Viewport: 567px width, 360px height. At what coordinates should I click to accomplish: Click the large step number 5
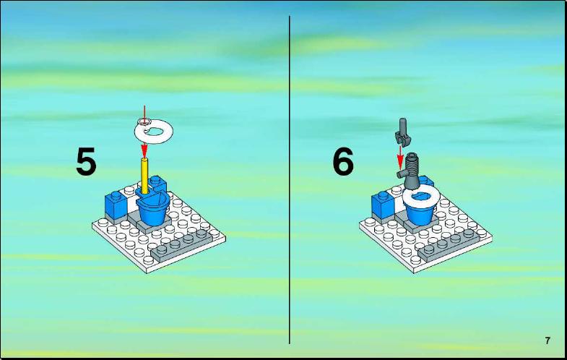point(86,161)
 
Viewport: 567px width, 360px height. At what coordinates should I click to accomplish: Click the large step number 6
point(343,162)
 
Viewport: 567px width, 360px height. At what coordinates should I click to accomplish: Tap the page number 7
point(547,340)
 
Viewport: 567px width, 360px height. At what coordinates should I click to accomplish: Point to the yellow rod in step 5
point(144,176)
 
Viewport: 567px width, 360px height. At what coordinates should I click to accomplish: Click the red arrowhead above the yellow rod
point(144,150)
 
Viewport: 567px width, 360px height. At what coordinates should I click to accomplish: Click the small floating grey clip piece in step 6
point(402,132)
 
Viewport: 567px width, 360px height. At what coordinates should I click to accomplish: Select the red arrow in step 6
point(400,158)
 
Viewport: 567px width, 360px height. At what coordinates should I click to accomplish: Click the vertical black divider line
point(290,180)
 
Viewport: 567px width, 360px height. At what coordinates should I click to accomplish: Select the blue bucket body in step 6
point(420,214)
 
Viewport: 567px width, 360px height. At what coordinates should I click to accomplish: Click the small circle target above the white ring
point(144,121)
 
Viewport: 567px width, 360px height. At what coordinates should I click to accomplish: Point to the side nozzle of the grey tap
point(402,175)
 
